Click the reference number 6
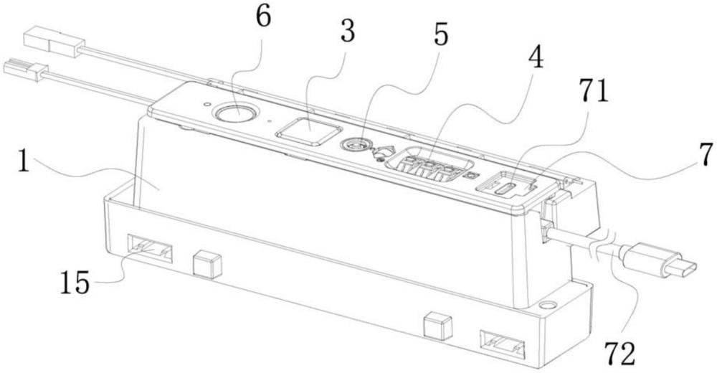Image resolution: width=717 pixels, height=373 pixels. point(263,19)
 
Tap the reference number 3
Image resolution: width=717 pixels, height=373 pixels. point(348,31)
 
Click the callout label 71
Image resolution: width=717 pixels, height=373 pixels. point(593,90)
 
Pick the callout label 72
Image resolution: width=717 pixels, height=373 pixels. point(620,352)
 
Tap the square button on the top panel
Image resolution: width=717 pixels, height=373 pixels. point(309,131)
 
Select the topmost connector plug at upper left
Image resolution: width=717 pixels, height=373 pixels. point(54,40)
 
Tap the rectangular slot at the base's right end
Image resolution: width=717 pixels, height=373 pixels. point(501,344)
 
